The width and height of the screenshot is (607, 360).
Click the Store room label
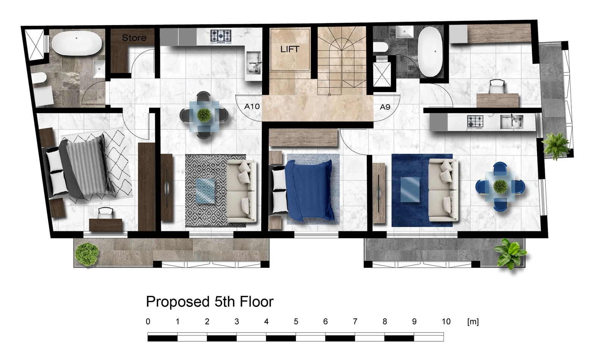[x=134, y=38]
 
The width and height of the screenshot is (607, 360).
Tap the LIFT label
[x=290, y=49]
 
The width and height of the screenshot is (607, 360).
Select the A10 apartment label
[x=252, y=107]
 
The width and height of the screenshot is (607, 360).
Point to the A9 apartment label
[x=385, y=107]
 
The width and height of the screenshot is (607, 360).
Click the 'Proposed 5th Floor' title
[x=210, y=302]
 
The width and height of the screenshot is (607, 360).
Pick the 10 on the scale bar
[x=446, y=322]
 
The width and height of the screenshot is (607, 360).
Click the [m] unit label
[x=473, y=322]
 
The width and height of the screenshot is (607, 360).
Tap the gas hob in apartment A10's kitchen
[x=221, y=36]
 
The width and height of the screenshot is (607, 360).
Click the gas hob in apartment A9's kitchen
[x=475, y=122]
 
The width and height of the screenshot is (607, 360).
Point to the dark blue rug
[x=422, y=190]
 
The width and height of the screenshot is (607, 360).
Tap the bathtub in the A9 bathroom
[x=430, y=52]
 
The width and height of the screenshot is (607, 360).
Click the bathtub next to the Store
[x=77, y=43]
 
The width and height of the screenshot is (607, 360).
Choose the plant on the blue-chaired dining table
[x=500, y=186]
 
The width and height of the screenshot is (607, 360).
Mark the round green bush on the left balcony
[x=87, y=254]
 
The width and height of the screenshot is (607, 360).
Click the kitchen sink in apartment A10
[x=254, y=63]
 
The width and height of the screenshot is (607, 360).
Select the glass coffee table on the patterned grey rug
[x=205, y=191]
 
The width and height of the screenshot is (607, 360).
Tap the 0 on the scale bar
[x=148, y=322]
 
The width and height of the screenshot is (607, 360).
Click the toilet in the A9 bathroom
[x=380, y=47]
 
